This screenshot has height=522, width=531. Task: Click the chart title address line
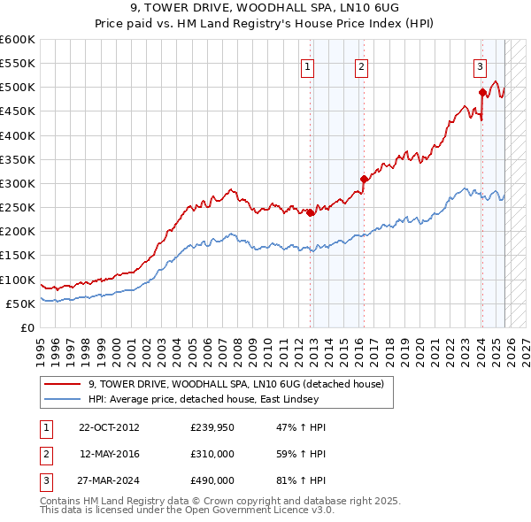(265, 7)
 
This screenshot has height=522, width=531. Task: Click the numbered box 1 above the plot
(307, 65)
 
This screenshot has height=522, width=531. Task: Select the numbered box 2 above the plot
(362, 65)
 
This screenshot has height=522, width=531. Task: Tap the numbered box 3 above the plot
(479, 65)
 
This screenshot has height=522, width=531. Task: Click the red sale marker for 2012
(311, 212)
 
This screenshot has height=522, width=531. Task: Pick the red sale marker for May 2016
(363, 179)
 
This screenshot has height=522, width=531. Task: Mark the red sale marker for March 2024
(482, 92)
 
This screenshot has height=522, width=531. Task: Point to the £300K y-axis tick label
(18, 183)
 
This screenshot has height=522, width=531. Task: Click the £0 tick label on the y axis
(27, 327)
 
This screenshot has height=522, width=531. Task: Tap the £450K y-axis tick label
(18, 111)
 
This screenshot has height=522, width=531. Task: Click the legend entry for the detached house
(235, 384)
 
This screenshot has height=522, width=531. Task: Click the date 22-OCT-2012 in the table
(109, 426)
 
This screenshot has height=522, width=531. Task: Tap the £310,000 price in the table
(212, 454)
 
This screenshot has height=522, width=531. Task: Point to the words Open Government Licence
(258, 511)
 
